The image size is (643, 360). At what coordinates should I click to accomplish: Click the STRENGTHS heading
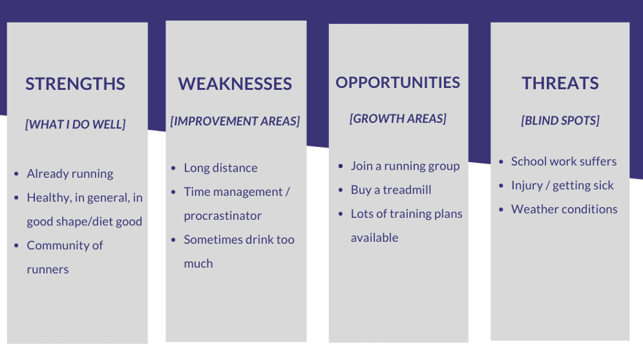(75, 84)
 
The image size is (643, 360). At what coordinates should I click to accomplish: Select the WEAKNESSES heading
(235, 84)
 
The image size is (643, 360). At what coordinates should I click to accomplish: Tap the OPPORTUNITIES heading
(398, 82)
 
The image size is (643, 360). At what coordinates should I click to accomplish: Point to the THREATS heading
(560, 83)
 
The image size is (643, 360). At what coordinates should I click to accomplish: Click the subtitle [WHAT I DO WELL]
(76, 124)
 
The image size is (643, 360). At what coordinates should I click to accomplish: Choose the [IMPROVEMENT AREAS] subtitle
(235, 121)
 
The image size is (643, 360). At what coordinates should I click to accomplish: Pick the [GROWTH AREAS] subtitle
(398, 118)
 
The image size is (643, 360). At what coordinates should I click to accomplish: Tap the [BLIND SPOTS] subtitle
(560, 120)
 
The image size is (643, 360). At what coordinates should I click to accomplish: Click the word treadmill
(407, 190)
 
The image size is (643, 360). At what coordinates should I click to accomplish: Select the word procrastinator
(223, 216)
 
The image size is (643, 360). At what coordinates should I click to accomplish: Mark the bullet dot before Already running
(16, 174)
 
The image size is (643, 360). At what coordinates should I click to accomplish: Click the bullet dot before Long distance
(174, 168)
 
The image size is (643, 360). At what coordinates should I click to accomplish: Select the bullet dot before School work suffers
(501, 162)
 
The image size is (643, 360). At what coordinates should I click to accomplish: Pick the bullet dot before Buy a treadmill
(340, 190)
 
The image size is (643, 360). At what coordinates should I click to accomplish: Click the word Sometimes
(213, 240)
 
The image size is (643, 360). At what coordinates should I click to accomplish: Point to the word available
(374, 238)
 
